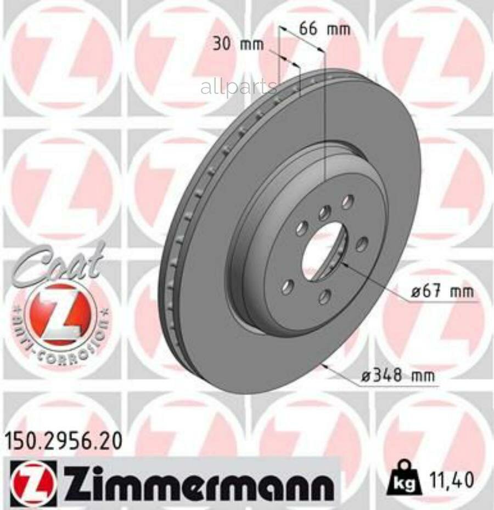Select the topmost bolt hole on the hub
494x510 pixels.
tap(347, 202)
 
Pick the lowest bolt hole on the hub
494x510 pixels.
tap(325, 297)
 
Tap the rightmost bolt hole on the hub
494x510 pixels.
tap(361, 244)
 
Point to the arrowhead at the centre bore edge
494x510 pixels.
tap(344, 263)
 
